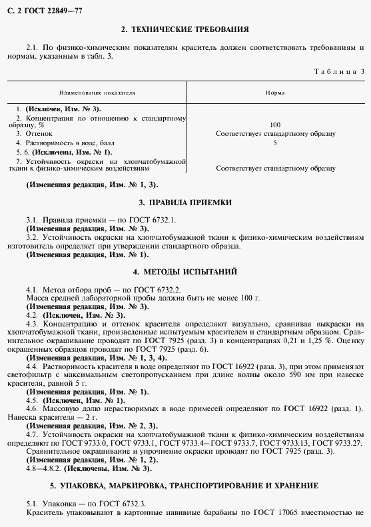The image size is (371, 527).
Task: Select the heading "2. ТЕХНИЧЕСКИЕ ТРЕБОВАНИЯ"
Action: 185,29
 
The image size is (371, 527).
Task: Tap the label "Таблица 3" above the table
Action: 338,71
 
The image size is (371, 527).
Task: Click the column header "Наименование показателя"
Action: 97,93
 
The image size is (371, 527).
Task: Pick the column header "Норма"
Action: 275,93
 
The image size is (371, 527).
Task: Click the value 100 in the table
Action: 275,125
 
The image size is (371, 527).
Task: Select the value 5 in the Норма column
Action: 275,143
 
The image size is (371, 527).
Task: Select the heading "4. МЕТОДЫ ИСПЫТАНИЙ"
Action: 185,272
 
